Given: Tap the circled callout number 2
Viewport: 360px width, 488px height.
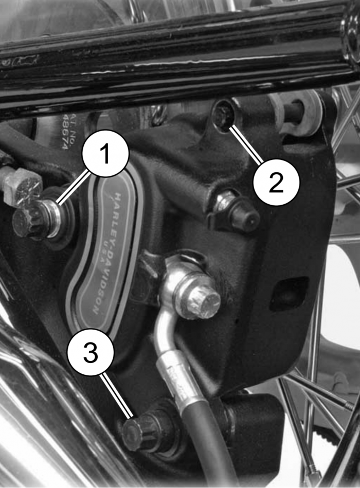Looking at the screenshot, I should pyautogui.click(x=276, y=183).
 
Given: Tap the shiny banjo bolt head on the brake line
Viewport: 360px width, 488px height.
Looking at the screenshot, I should pyautogui.click(x=198, y=302).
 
